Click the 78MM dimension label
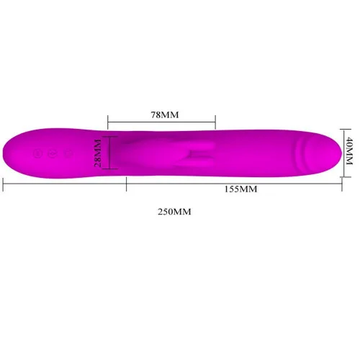pos(165,114)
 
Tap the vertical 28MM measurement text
pos(98,153)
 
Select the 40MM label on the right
pos(349,150)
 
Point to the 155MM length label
pos(240,189)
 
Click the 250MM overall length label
pos(174,212)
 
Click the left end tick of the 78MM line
pos(108,122)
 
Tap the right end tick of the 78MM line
pos(215,122)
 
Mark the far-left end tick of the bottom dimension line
pos(3,184)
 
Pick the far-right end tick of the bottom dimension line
pos(342,184)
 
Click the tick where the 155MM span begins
pos(126,184)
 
